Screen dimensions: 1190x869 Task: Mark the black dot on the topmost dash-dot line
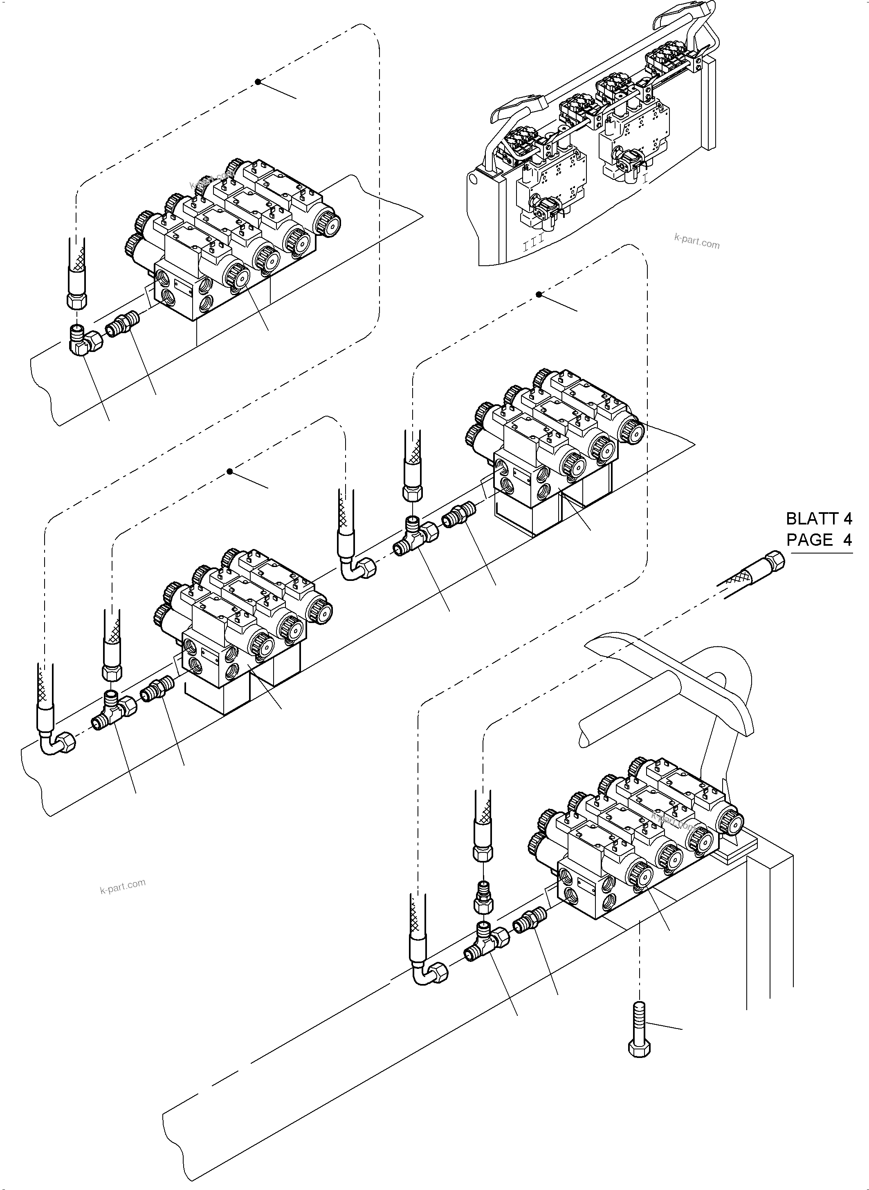[x=258, y=81]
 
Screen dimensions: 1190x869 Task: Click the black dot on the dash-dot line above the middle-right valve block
[x=539, y=294]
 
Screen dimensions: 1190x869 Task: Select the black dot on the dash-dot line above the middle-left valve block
[x=230, y=472]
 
